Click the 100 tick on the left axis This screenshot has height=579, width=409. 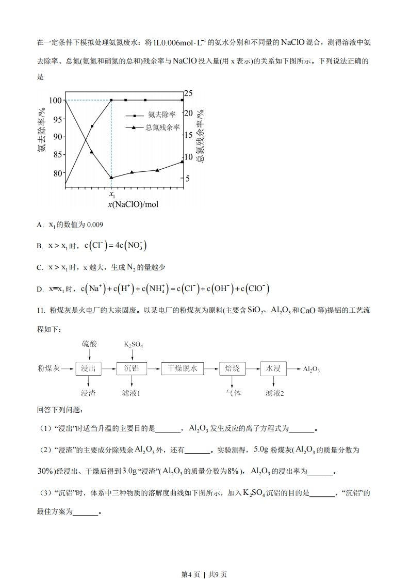click(56, 100)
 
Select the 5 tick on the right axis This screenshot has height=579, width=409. click(188, 179)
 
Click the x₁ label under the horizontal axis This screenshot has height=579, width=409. click(112, 195)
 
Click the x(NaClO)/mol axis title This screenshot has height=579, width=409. click(133, 204)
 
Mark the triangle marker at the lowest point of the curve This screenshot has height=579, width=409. click(111, 178)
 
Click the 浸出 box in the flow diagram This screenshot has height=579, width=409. click(89, 368)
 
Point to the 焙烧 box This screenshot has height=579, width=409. click(232, 368)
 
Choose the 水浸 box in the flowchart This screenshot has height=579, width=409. click(273, 368)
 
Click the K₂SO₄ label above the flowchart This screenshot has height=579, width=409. click(133, 344)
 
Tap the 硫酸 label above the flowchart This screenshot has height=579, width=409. click(89, 344)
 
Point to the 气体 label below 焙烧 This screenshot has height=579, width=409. click(233, 393)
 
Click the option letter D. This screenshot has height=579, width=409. click(40, 289)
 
